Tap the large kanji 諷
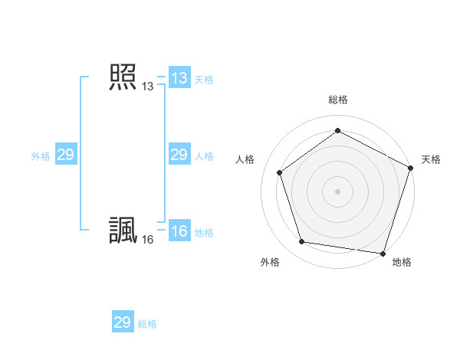tap(123, 231)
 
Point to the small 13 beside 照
tap(147, 87)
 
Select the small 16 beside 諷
tap(147, 240)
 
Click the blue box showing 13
tap(179, 77)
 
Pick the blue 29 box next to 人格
tap(179, 155)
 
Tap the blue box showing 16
tap(179, 231)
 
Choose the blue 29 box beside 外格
tap(65, 155)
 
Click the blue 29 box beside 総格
tap(123, 322)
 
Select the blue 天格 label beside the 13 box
tap(204, 79)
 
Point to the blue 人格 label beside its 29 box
tap(204, 156)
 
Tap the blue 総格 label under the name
tap(147, 324)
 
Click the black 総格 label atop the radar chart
tap(337, 100)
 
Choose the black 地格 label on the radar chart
tap(402, 263)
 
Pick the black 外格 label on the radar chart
tap(270, 263)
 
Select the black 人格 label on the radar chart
tap(245, 159)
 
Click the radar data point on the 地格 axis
tap(383, 253)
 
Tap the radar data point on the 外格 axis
tap(302, 242)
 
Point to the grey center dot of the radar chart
tap(337, 191)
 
